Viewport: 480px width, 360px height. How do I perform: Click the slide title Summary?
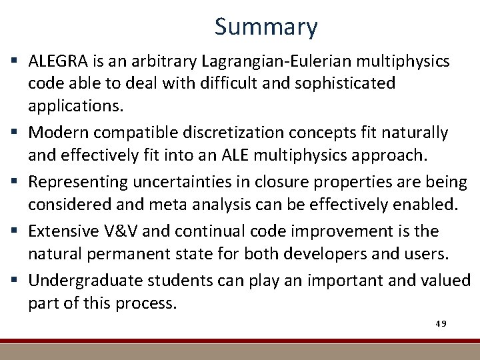pos(266,27)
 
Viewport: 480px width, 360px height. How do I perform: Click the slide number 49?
pos(441,323)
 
